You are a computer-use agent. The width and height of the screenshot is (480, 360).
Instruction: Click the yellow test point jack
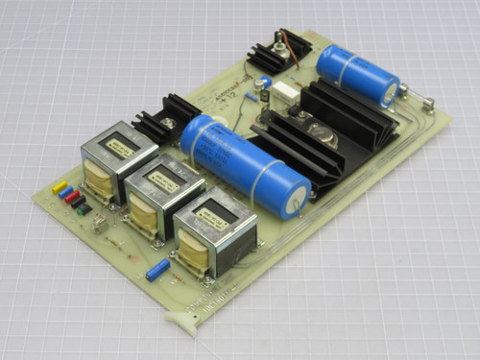click(x=60, y=186)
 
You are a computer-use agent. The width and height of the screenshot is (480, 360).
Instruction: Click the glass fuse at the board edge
click(x=414, y=97)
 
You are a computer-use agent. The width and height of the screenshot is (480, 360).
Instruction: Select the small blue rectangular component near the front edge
click(x=158, y=270)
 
